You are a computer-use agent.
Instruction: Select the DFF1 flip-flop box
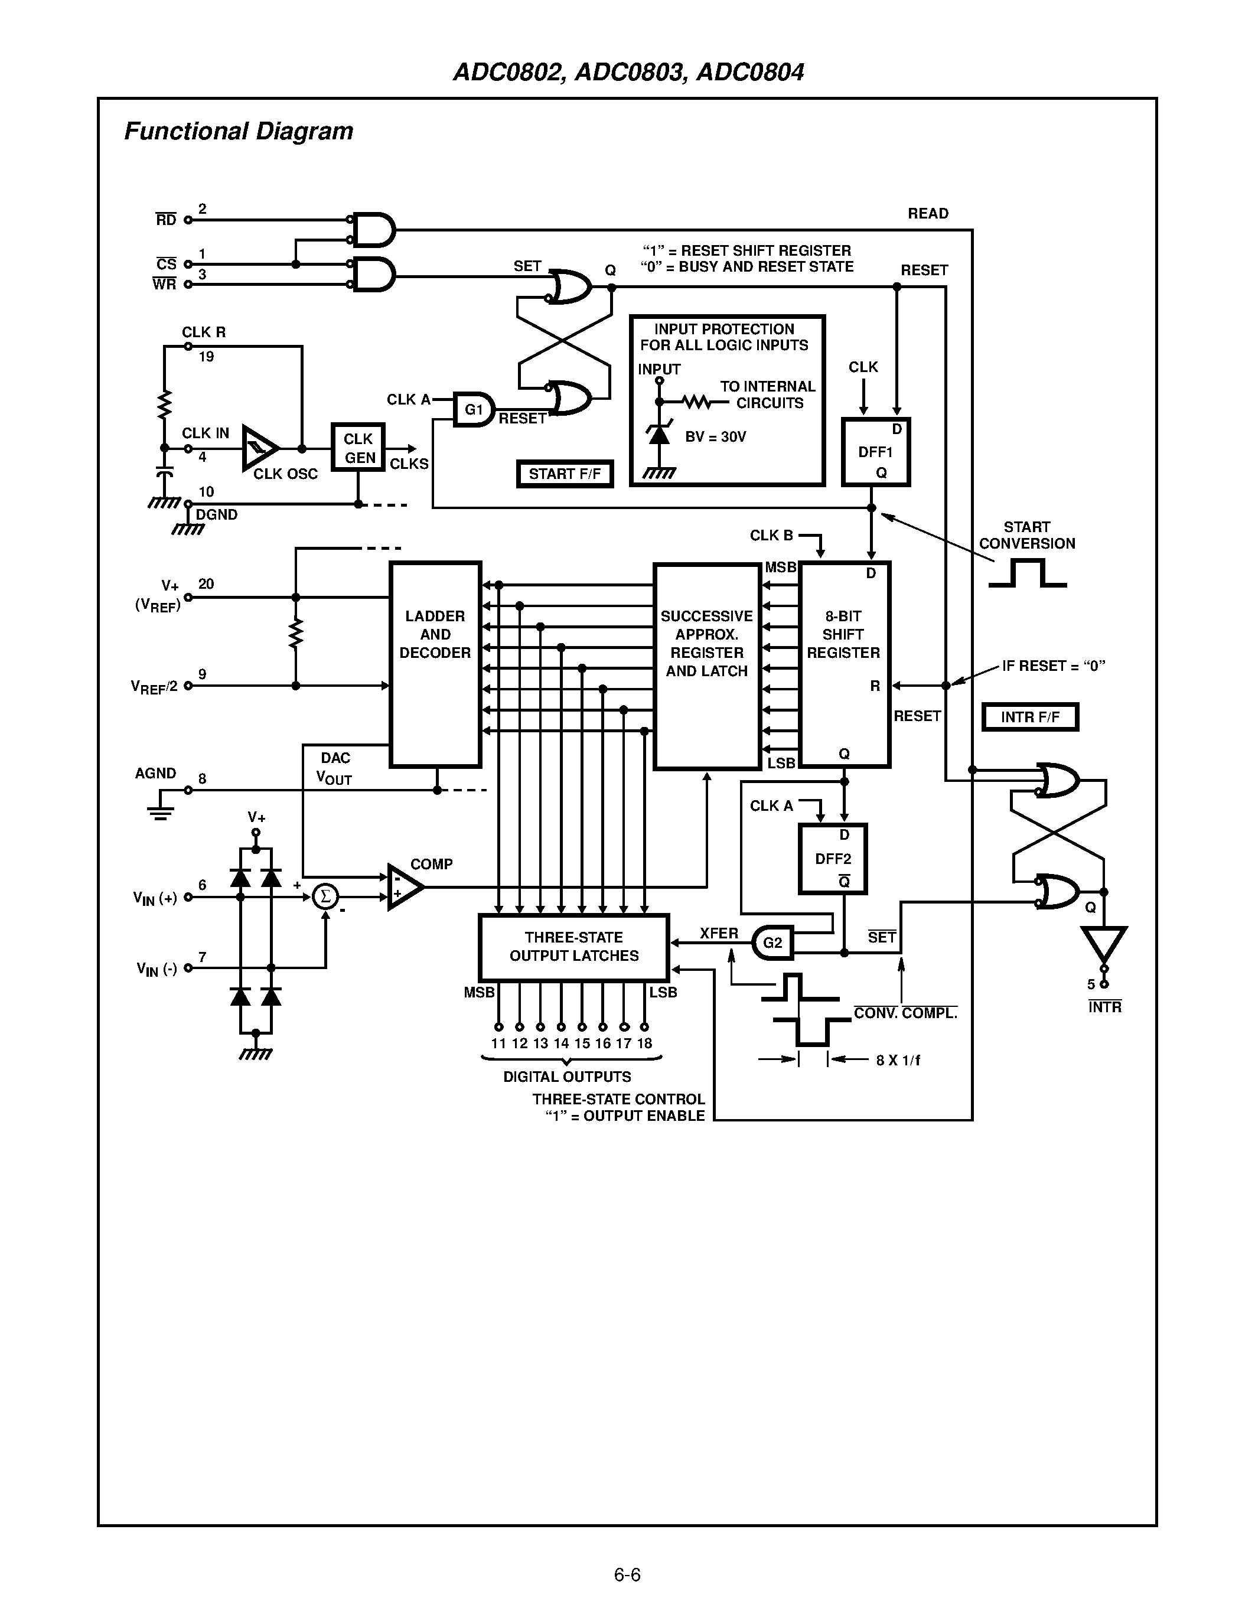tap(875, 452)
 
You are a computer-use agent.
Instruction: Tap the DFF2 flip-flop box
tap(832, 858)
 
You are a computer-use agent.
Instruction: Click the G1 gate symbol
tap(474, 410)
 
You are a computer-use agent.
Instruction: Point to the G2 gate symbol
tap(772, 943)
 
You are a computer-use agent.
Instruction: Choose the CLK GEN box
tap(358, 448)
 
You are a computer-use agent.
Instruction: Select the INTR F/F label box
tap(1030, 717)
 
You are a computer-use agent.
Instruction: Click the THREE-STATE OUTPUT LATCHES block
tap(573, 947)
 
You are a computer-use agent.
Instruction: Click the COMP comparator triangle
tap(404, 886)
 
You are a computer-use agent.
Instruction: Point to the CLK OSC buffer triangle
tap(259, 448)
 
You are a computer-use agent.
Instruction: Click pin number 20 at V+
tap(206, 583)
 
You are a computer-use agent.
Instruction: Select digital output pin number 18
tap(644, 1043)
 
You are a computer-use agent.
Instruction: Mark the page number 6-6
tap(627, 1575)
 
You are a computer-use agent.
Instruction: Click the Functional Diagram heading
tap(238, 131)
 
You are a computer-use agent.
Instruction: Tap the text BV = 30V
tap(715, 436)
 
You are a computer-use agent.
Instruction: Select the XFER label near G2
tap(718, 933)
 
